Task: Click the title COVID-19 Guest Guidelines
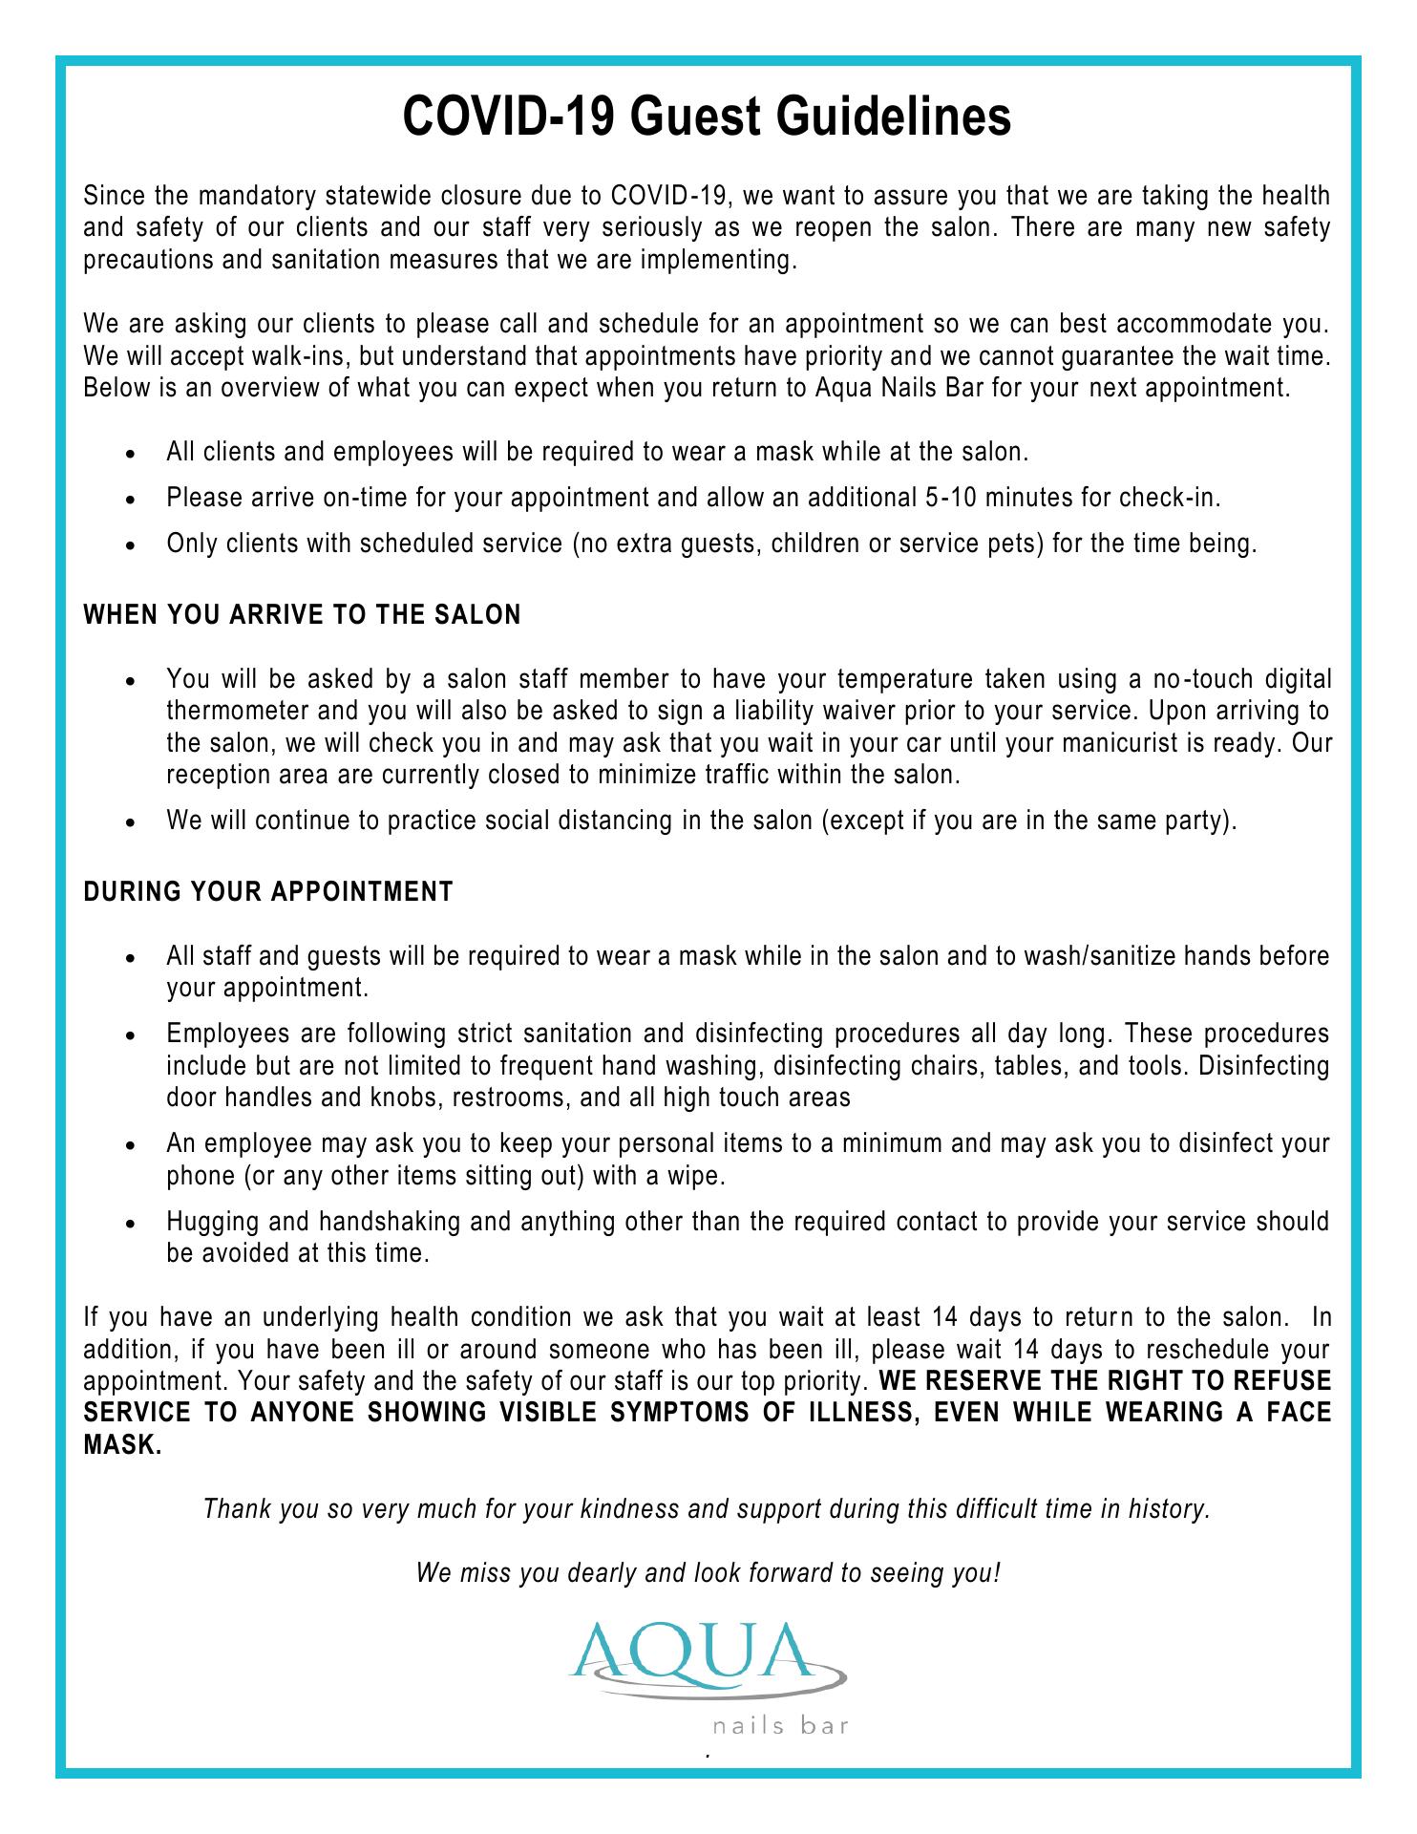click(x=707, y=118)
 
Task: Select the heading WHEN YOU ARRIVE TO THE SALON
click(x=303, y=615)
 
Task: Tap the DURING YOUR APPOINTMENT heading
click(x=268, y=892)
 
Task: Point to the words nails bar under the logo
click(x=780, y=1726)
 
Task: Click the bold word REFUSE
click(x=1284, y=1381)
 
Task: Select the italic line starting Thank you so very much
click(x=707, y=1509)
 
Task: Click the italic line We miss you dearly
click(x=708, y=1572)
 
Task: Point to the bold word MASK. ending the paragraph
click(x=122, y=1444)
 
